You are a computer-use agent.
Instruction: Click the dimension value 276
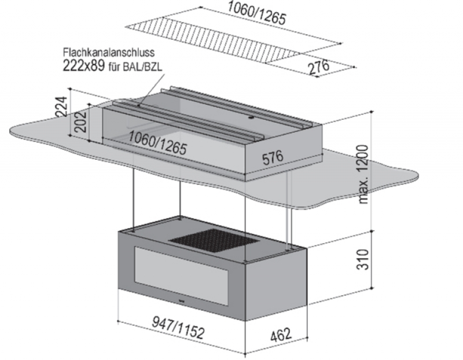tap(318, 67)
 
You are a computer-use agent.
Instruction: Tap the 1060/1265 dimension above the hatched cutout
tap(256, 13)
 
